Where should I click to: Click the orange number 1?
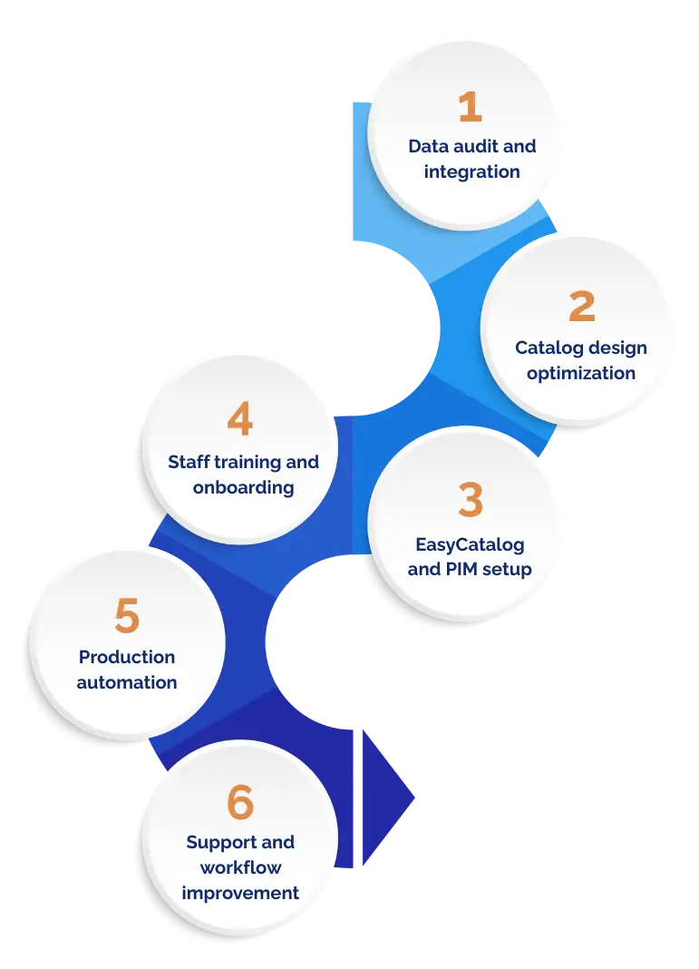pos(470,108)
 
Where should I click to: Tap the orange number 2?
pos(581,307)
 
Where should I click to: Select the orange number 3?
pos(471,501)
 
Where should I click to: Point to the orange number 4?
pos(240,420)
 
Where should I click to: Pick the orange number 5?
pos(127,617)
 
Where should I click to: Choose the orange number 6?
pos(240,803)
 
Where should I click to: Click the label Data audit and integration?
pos(471,159)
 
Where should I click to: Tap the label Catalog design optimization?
pos(581,360)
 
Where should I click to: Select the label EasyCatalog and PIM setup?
pos(470,557)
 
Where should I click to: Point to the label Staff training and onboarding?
pos(243,475)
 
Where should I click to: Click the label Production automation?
pos(127,670)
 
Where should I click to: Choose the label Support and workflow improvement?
pos(240,867)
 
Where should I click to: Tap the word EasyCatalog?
pos(470,544)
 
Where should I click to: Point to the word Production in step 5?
pos(127,657)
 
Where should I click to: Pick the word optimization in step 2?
pos(581,373)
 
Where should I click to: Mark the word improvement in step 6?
pos(240,893)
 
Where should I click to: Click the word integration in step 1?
pos(471,171)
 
